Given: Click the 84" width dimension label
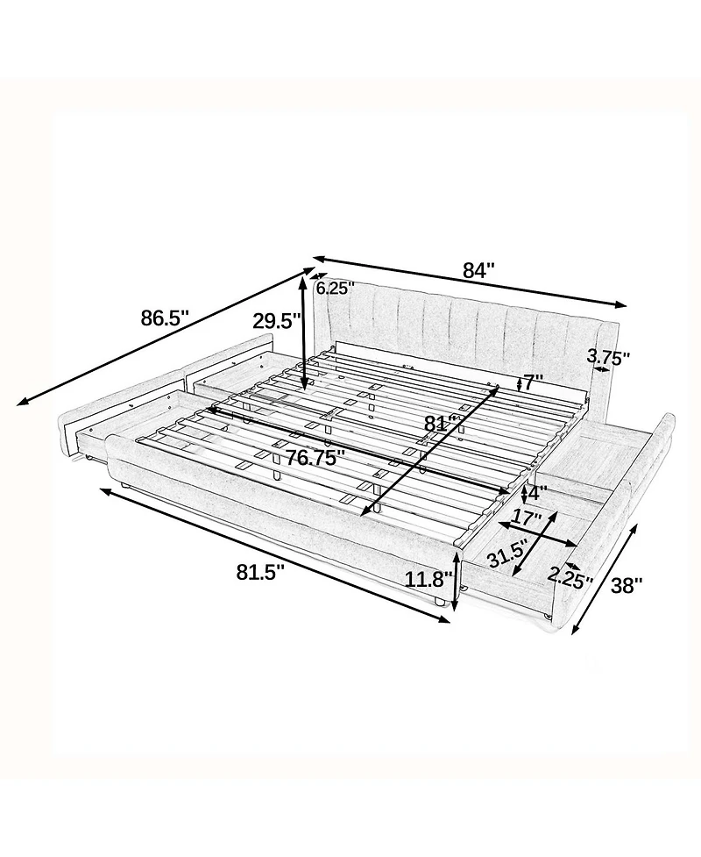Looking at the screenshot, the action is (x=478, y=270).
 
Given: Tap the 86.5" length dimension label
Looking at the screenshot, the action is (x=165, y=318).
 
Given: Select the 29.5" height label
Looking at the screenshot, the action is (x=276, y=321).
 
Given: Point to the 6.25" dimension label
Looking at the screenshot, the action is (x=336, y=288).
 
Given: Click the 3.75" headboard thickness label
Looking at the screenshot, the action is (x=608, y=357).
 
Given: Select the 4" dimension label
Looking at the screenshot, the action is (x=536, y=494).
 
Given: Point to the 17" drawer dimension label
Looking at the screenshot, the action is (x=528, y=517).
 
